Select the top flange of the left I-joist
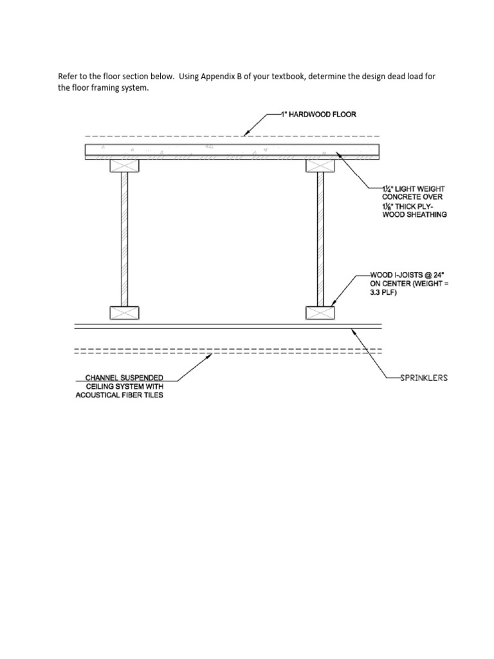pos(125,166)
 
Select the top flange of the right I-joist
pos(320,166)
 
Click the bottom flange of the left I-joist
pos(125,313)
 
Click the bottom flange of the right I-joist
pos(320,313)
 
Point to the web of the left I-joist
pos(125,238)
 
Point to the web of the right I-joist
pos(320,238)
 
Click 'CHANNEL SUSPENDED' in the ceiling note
pos(124,377)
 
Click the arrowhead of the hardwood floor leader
pos(245,135)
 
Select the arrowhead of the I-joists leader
pos(331,304)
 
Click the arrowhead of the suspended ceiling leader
pos(210,353)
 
